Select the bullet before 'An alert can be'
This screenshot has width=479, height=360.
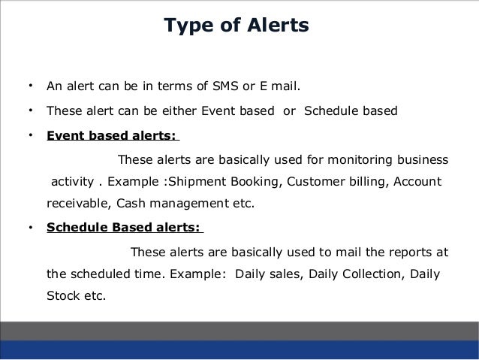click(29, 83)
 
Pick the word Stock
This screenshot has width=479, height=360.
click(62, 295)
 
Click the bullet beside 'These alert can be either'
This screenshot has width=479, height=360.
click(29, 111)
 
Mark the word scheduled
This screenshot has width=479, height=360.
click(96, 273)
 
